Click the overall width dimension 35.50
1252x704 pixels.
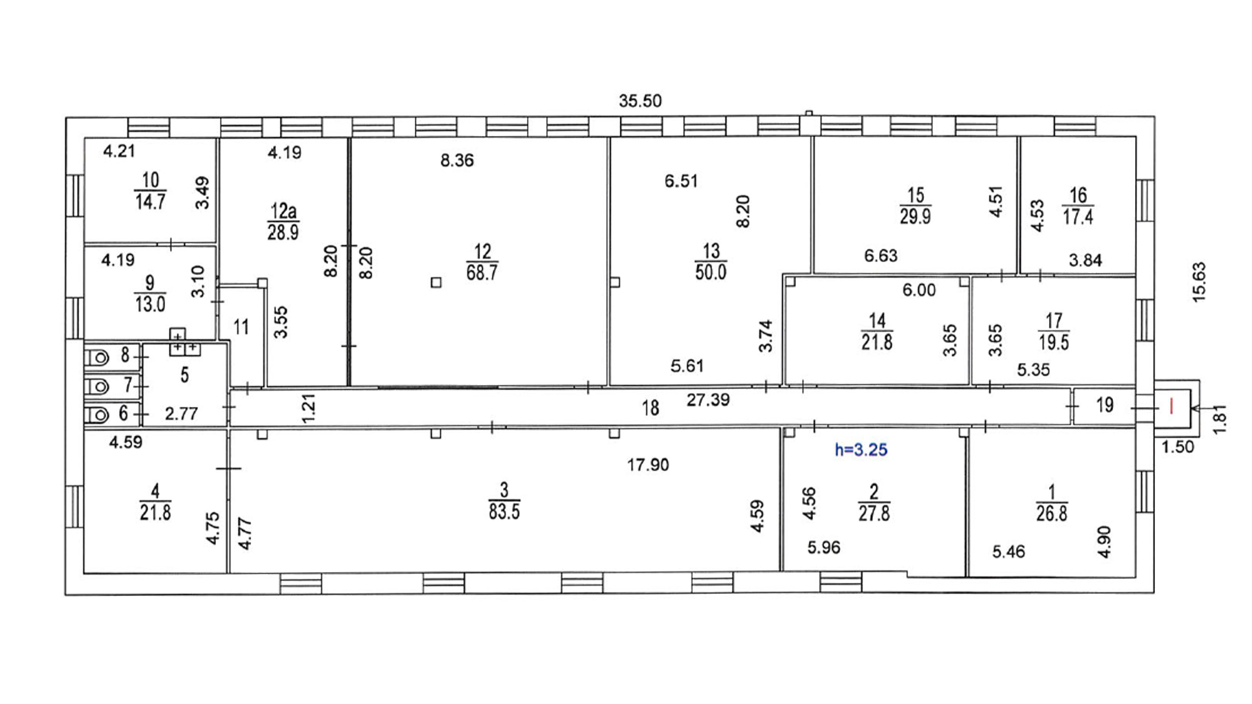pos(640,101)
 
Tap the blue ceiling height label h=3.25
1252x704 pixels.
pos(861,450)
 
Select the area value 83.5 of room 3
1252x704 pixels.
pos(504,512)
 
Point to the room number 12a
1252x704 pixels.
pos(283,210)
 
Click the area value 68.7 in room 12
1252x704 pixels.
pos(482,272)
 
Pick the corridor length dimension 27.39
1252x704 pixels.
pos(708,399)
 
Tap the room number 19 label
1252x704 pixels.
pos(1105,405)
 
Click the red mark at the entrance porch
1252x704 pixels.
pos(1172,406)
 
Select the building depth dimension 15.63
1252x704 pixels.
pos(1199,282)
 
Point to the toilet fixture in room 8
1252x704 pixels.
pos(97,357)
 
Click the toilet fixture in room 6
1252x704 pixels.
pos(97,415)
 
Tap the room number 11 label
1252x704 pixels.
pos(241,327)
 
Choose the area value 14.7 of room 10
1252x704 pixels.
pos(150,202)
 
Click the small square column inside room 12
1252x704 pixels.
pos(436,283)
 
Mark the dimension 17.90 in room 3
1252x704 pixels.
pos(648,465)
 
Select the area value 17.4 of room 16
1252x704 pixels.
pos(1078,217)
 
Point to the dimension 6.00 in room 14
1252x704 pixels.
pos(919,290)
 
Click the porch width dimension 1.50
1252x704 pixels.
pos(1178,447)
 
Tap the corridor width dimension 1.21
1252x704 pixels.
pos(309,407)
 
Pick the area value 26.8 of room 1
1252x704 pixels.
pos(1052,514)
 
